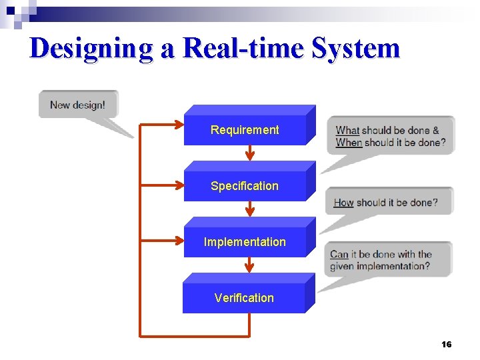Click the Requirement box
pos(245,129)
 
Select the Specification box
pos(245,185)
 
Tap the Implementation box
pos(245,241)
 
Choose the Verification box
pos(244,297)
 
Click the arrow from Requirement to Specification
pos(249,153)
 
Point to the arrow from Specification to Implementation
pos(249,209)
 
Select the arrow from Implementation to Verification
pos(249,265)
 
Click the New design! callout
pos(77,105)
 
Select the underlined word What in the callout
pos(347,131)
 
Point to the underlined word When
pos(349,142)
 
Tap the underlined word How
pos(343,202)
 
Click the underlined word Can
pos(339,254)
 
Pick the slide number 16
pos(446,344)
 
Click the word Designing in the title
pos(91,49)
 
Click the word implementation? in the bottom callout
pos(393,266)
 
